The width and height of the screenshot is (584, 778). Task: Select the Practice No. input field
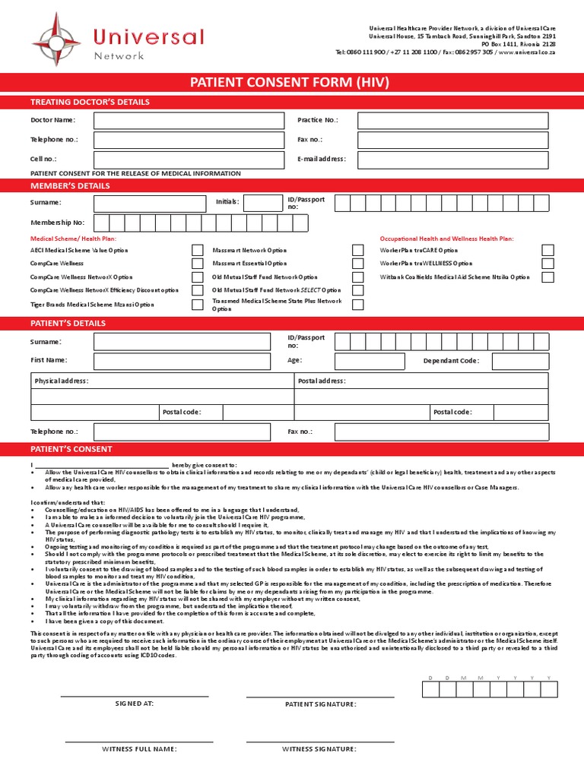pos(452,120)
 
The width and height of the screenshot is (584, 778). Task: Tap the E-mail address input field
pos(452,160)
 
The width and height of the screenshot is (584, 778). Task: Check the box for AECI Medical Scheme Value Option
pos(197,250)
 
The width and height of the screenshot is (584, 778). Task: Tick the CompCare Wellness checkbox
pos(197,264)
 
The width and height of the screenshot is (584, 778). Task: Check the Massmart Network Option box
pos(357,250)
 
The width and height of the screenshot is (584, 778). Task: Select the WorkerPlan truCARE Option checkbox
pos(547,250)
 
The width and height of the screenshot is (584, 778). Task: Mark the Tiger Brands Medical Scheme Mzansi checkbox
pos(197,305)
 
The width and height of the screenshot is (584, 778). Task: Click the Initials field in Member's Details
pos(262,202)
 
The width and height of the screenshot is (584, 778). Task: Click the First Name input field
pos(182,361)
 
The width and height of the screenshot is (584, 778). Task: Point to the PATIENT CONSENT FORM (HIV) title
pos(292,82)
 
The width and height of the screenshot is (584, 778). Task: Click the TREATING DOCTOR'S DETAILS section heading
pos(90,102)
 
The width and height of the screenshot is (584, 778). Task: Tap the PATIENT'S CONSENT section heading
pos(71,449)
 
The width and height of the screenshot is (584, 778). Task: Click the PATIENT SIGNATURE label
pos(320,704)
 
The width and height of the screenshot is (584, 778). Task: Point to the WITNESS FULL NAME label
pos(139,749)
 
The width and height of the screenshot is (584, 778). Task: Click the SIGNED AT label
pos(135,704)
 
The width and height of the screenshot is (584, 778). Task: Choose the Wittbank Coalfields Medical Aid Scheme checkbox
pos(547,277)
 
